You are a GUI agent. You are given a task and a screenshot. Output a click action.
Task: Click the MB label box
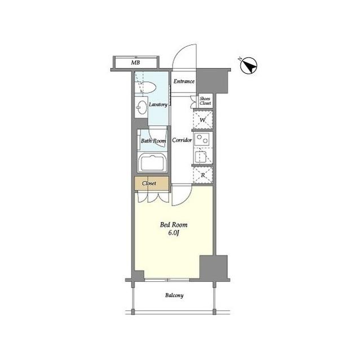pyautogui.click(x=136, y=62)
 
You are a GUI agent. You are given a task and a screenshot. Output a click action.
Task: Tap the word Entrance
pyautogui.click(x=184, y=81)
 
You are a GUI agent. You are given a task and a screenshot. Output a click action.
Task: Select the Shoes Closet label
pyautogui.click(x=205, y=101)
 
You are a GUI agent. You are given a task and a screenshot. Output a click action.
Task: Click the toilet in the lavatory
pyautogui.click(x=147, y=87)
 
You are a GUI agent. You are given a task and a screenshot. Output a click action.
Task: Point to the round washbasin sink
pyautogui.click(x=142, y=107)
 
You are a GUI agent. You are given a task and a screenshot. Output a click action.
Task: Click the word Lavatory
pyautogui.click(x=158, y=105)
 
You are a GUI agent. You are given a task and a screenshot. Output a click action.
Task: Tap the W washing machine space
pyautogui.click(x=203, y=120)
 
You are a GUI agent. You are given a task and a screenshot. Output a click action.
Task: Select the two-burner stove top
pyautogui.click(x=202, y=139)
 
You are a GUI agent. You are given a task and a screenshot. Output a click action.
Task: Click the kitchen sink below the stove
pyautogui.click(x=201, y=157)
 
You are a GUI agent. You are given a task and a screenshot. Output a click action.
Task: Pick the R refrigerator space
pyautogui.click(x=203, y=175)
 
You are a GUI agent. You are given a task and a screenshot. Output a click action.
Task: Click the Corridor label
pyautogui.click(x=182, y=140)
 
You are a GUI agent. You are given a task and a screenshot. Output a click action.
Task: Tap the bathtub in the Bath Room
pyautogui.click(x=152, y=163)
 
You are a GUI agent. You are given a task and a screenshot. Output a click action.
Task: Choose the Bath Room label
pyautogui.click(x=153, y=141)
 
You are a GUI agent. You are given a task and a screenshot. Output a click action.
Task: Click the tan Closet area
pyautogui.click(x=152, y=183)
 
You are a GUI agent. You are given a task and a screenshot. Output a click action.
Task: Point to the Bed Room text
pyautogui.click(x=174, y=225)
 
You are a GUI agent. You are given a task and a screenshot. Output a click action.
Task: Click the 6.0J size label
pyautogui.click(x=174, y=233)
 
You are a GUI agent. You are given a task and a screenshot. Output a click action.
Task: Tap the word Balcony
pyautogui.click(x=174, y=295)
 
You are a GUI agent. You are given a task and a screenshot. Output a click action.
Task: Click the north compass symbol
pyautogui.click(x=249, y=66)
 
